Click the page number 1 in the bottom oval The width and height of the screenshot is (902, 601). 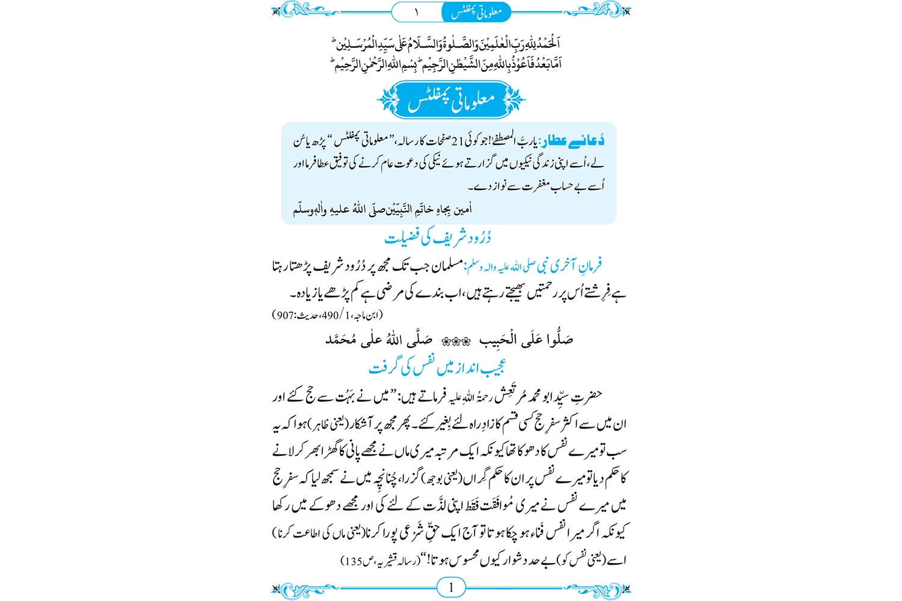(451, 588)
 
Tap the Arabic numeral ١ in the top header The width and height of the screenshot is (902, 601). (416, 11)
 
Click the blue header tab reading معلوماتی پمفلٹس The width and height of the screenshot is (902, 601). (476, 11)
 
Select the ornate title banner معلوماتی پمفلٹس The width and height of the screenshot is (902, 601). (451, 100)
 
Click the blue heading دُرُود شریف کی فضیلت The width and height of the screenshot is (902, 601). (437, 238)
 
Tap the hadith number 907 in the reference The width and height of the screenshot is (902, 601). (284, 315)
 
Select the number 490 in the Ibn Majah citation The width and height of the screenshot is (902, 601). (330, 315)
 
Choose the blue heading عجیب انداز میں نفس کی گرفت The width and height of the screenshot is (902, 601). (437, 367)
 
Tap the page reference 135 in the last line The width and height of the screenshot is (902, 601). (352, 561)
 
